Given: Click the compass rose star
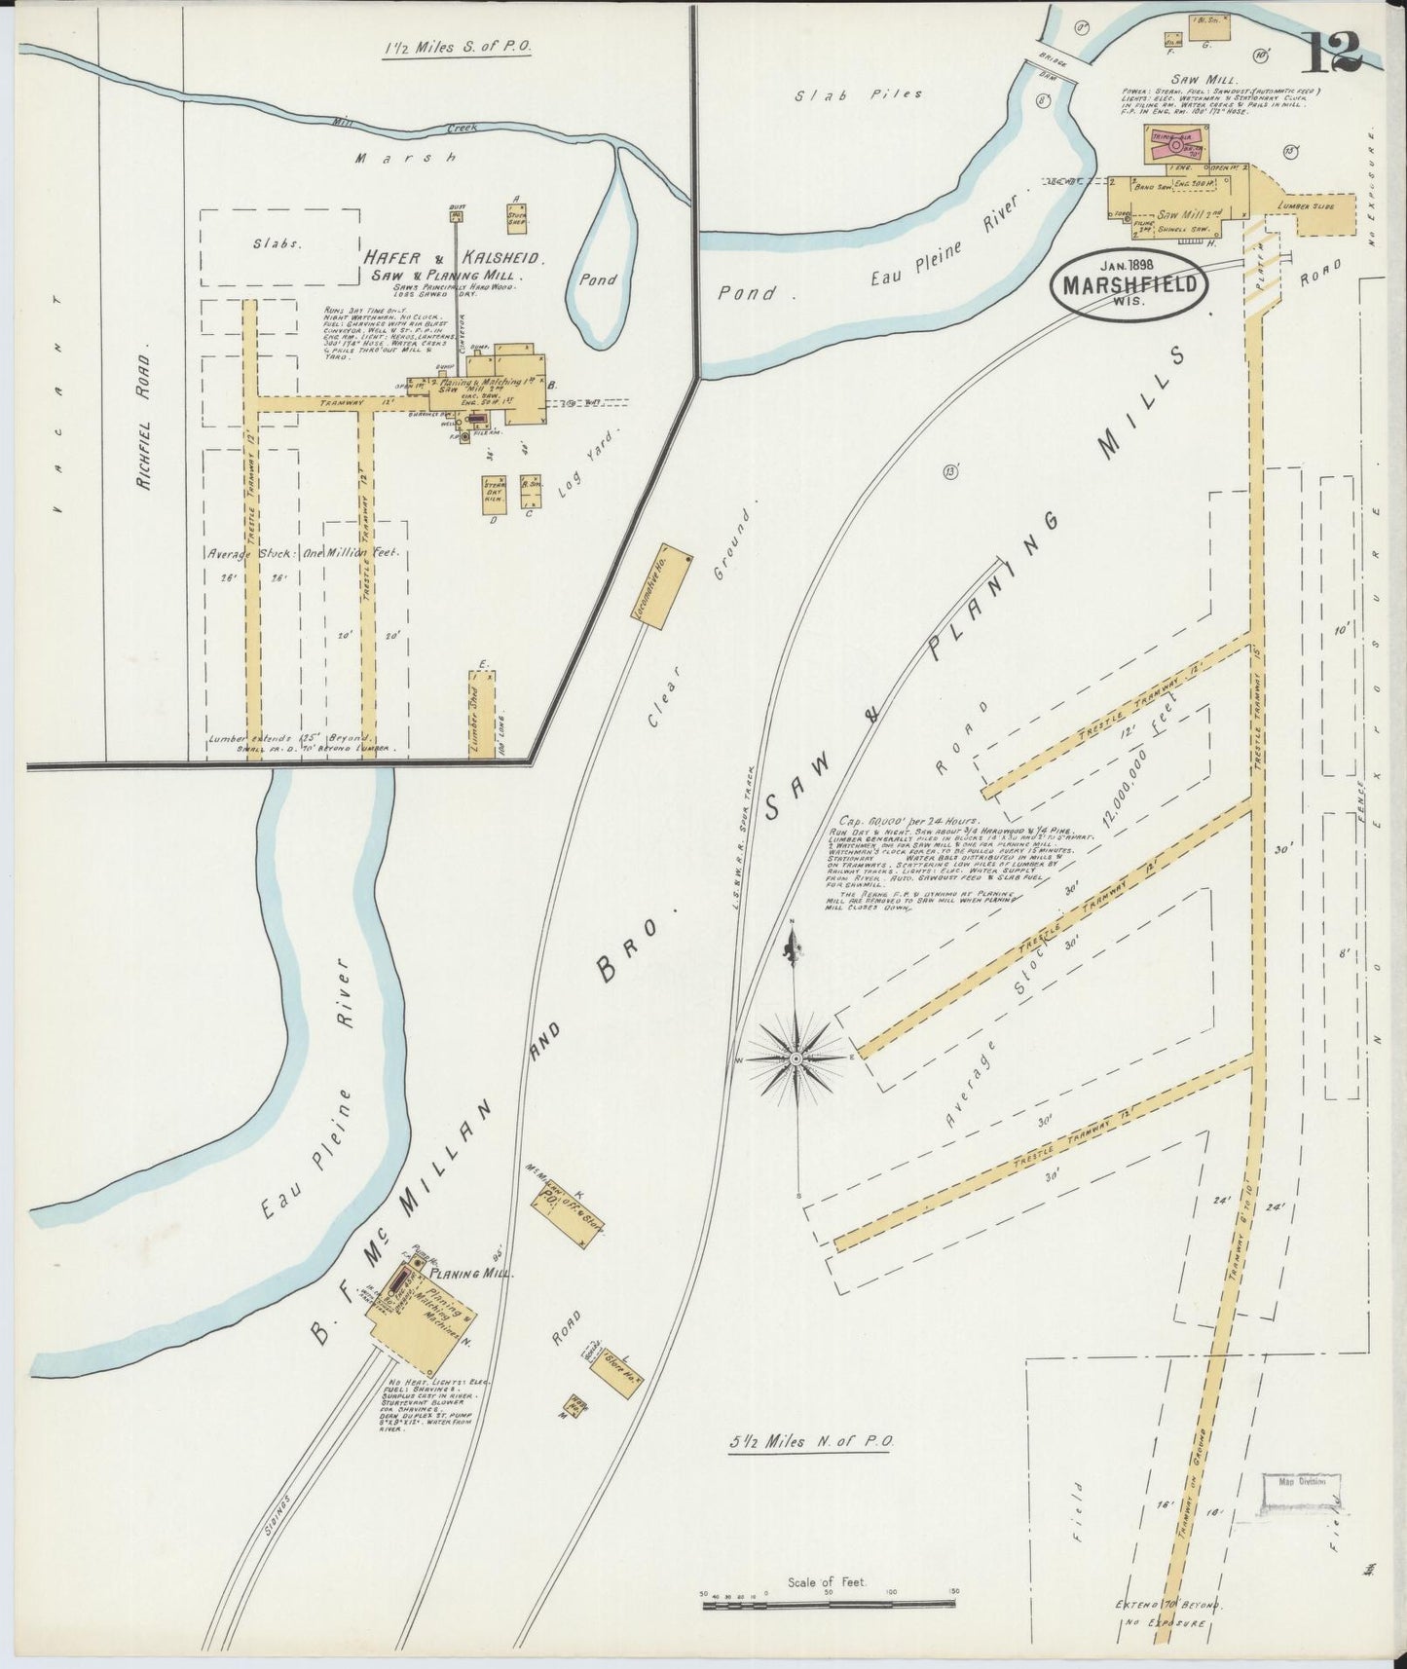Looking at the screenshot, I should click(796, 1057).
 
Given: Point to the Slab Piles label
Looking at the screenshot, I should click(858, 95).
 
